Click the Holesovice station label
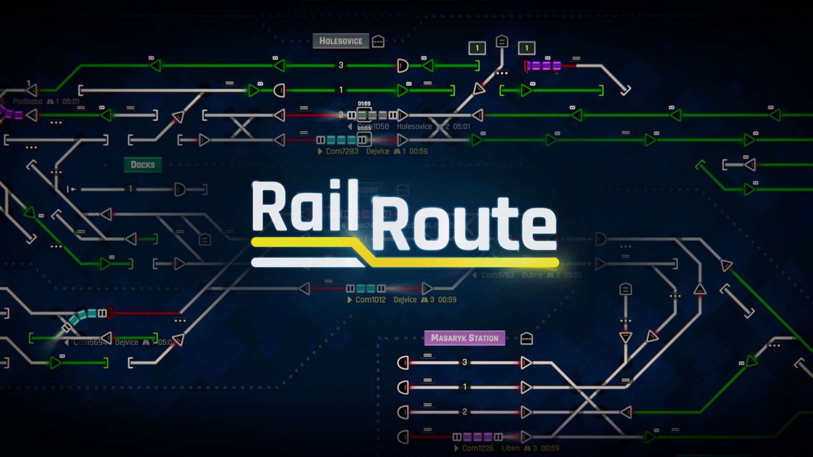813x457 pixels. [341, 41]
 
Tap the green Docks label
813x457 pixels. [143, 165]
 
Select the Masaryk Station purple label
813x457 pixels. [465, 338]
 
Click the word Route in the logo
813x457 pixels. [464, 224]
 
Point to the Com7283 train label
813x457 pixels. [342, 151]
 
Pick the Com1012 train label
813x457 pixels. [371, 300]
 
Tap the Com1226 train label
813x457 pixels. [478, 448]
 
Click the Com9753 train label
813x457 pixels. [498, 275]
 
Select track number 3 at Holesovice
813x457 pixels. [341, 65]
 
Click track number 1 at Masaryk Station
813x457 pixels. [465, 387]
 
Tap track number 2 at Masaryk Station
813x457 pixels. [465, 412]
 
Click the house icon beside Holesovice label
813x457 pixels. [378, 41]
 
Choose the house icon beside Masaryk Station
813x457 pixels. [526, 339]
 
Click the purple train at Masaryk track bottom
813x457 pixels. [478, 437]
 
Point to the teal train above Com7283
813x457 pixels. [341, 140]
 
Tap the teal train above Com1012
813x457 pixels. [366, 289]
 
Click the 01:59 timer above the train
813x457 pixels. [364, 104]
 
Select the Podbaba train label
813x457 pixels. [28, 102]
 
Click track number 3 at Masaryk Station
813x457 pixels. [465, 362]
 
